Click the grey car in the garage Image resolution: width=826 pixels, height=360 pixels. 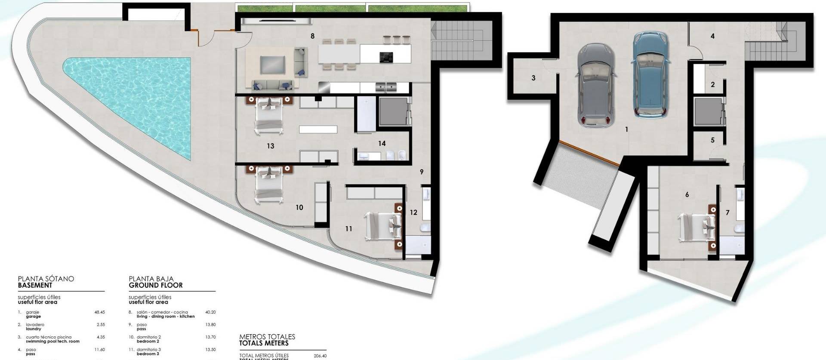595,85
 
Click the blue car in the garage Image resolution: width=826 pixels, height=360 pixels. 651,75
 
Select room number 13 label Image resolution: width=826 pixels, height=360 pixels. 270,146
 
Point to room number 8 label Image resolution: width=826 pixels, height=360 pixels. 313,36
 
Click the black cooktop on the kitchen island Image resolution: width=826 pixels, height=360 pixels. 386,57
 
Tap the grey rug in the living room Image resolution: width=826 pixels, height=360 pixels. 272,65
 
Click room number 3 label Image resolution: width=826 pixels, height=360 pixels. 533,78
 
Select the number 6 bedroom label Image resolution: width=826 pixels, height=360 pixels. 687,195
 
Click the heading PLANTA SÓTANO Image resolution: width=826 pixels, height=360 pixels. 46,279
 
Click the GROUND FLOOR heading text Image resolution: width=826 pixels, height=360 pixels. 156,285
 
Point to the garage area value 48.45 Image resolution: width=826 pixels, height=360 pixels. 99,312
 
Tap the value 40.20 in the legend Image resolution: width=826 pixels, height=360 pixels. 210,312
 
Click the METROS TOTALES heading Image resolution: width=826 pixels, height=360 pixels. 267,337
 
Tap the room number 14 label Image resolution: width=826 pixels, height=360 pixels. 382,144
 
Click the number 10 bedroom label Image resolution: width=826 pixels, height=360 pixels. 299,208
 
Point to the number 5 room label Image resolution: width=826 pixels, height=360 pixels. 712,140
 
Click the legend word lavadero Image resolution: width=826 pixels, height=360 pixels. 35,325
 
